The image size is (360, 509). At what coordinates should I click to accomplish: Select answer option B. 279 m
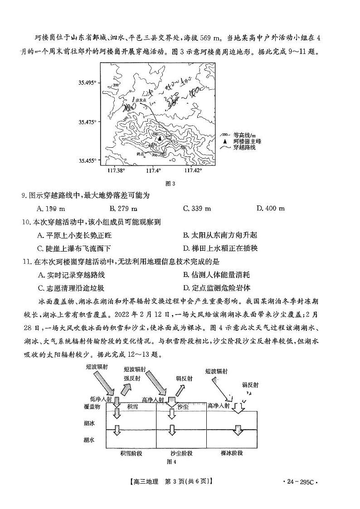tap(123, 208)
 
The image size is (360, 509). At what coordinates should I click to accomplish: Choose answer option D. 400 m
tap(271, 208)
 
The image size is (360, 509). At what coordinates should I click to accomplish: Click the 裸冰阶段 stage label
tap(232, 452)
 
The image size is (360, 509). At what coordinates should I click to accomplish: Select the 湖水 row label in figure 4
tap(89, 439)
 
